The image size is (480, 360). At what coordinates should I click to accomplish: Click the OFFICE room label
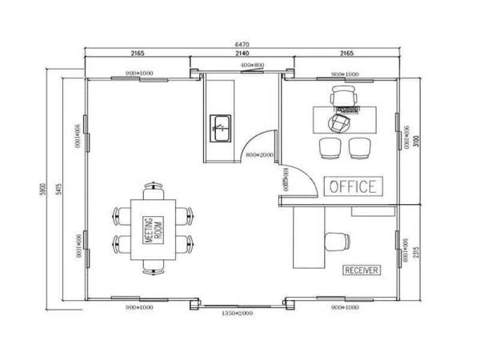352,186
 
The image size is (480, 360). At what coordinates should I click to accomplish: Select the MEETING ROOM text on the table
153,229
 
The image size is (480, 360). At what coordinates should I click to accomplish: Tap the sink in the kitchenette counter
221,126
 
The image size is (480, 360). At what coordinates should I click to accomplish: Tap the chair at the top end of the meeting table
154,192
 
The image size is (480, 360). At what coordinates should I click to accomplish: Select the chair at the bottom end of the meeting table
154,265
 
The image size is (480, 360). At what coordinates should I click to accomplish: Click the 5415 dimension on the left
59,189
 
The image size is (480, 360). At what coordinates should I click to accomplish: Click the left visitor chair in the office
330,147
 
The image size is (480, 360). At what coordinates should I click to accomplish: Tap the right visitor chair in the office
358,147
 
